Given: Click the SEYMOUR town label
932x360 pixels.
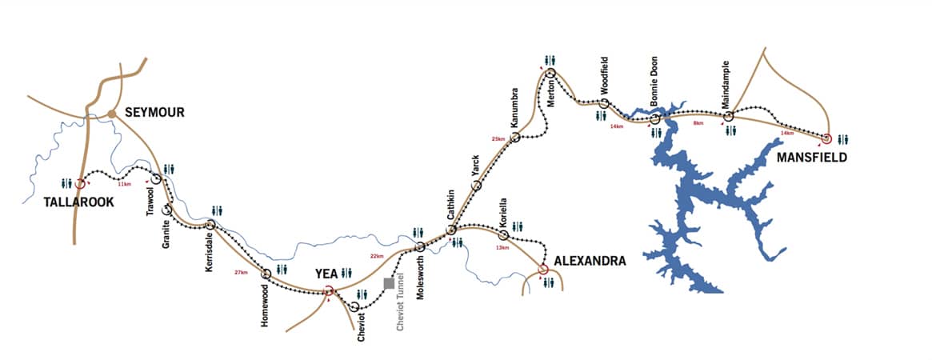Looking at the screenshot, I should click(x=154, y=113).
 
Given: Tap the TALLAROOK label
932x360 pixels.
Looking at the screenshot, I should click(x=79, y=202).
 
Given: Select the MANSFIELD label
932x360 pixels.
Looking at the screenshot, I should click(x=811, y=158).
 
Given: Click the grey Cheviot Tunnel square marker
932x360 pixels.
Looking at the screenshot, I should click(x=389, y=283).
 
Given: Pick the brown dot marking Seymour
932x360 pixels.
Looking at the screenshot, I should click(x=113, y=114).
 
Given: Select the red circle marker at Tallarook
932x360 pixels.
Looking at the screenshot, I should click(x=79, y=184).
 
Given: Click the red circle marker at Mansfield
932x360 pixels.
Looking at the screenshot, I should click(x=826, y=138).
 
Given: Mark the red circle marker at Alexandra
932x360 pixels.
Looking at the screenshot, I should click(x=543, y=269).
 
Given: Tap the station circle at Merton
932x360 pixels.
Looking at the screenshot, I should click(x=551, y=74).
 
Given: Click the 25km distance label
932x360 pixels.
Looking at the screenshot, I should click(x=498, y=139).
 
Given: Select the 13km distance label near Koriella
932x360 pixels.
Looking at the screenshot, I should click(x=503, y=247).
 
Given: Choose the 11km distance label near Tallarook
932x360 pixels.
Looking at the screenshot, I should click(x=124, y=185).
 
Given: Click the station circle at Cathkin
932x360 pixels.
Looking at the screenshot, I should click(x=451, y=230).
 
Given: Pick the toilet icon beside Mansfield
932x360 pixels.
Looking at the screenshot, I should click(x=842, y=139).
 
